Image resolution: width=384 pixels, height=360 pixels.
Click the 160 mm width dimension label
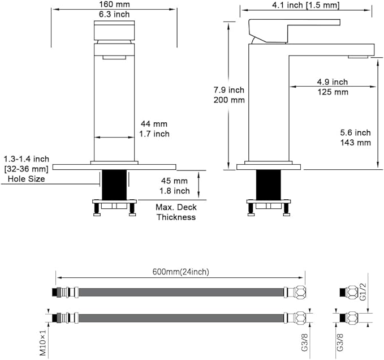(x=114, y=4)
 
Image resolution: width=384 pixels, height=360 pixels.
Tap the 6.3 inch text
(x=114, y=14)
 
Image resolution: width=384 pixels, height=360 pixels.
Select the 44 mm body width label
(x=154, y=124)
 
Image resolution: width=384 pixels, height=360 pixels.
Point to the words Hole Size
(x=26, y=179)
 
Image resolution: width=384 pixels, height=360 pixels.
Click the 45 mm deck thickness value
(x=174, y=181)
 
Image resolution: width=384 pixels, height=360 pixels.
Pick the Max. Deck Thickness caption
(x=176, y=212)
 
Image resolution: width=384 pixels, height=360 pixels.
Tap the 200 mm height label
(x=229, y=100)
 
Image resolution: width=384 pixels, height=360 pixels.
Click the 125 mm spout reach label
(x=333, y=92)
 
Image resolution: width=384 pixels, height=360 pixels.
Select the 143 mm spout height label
(x=356, y=143)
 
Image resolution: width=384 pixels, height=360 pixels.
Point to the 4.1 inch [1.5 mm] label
(x=306, y=5)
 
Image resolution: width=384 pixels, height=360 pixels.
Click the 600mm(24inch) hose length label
(x=181, y=272)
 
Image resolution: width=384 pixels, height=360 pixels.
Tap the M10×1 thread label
(x=43, y=342)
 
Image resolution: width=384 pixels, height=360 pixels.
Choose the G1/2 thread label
(x=363, y=292)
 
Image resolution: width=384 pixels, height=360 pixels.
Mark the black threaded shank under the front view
(x=114, y=185)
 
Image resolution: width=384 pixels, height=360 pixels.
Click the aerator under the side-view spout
(x=358, y=57)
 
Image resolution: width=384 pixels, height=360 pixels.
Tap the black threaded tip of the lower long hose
(x=55, y=318)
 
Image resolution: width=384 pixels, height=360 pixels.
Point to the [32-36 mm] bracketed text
(x=26, y=169)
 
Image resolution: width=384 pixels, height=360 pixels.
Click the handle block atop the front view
(x=114, y=31)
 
